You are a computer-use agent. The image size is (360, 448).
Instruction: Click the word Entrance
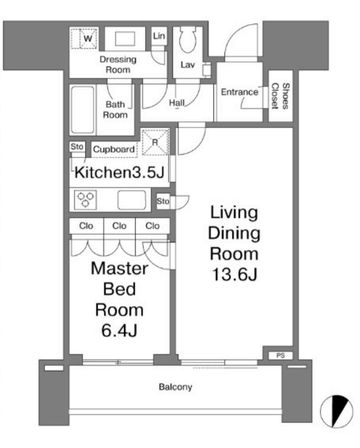click(239, 92)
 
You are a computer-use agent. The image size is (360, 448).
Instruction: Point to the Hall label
click(177, 103)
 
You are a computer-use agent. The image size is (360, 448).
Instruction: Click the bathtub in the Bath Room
click(83, 110)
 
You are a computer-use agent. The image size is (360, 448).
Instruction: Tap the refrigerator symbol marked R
click(155, 143)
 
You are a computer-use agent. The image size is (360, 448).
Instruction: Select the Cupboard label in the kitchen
click(114, 149)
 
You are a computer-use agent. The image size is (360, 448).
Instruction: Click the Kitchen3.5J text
click(119, 173)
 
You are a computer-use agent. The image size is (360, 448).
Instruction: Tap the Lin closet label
click(159, 36)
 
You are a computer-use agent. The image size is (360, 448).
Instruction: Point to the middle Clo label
click(119, 226)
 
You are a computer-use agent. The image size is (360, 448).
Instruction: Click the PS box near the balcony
click(280, 356)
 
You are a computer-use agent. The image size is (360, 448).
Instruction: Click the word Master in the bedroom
click(119, 268)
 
